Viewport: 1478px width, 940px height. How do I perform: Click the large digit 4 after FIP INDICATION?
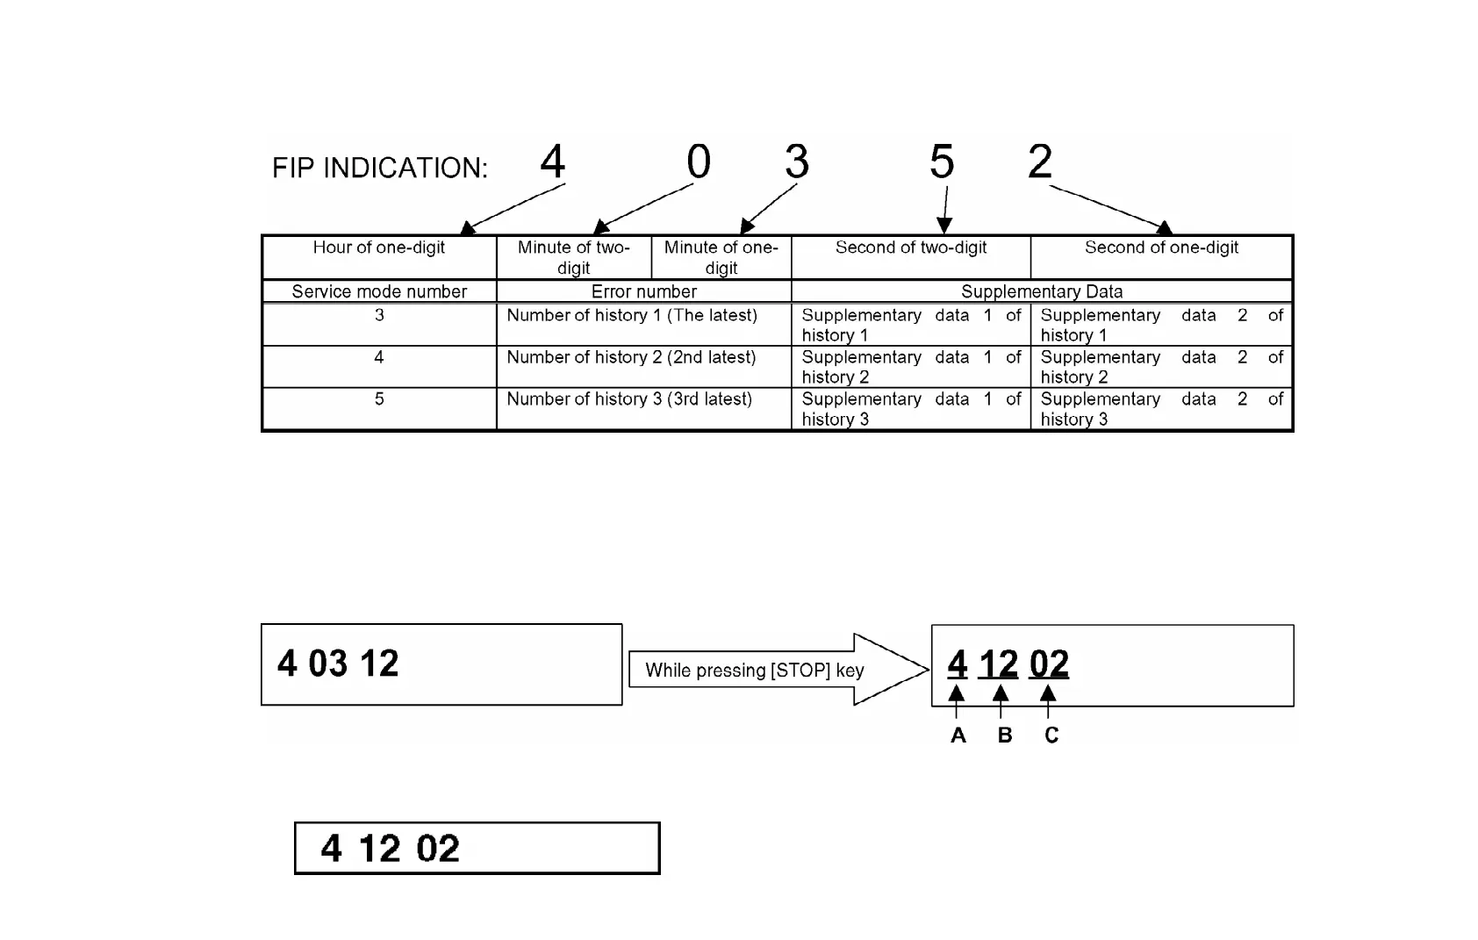pos(552,161)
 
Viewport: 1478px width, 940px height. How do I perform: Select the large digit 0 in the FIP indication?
pos(699,161)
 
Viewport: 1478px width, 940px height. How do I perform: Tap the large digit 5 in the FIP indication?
pos(942,161)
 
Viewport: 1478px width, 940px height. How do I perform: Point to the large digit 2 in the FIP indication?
pos(1040,161)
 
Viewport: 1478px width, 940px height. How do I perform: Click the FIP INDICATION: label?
pos(379,168)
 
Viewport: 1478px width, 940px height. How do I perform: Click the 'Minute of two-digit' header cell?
pos(574,257)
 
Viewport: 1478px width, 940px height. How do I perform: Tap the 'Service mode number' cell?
pos(379,291)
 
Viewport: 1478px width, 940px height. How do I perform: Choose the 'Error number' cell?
pos(643,291)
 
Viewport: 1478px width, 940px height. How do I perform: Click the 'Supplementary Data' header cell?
pos(1042,291)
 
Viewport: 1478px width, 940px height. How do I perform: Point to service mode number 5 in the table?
pos(379,399)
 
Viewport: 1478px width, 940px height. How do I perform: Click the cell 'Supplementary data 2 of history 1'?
pos(1161,325)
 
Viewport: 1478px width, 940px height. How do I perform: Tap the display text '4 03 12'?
pos(338,664)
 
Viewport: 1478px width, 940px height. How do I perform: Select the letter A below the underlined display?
pos(958,735)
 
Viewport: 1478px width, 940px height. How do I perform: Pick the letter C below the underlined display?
pos(1051,735)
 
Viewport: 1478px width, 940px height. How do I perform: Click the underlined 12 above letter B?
pos(998,664)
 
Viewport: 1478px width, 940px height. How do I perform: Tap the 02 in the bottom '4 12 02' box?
pos(438,849)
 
